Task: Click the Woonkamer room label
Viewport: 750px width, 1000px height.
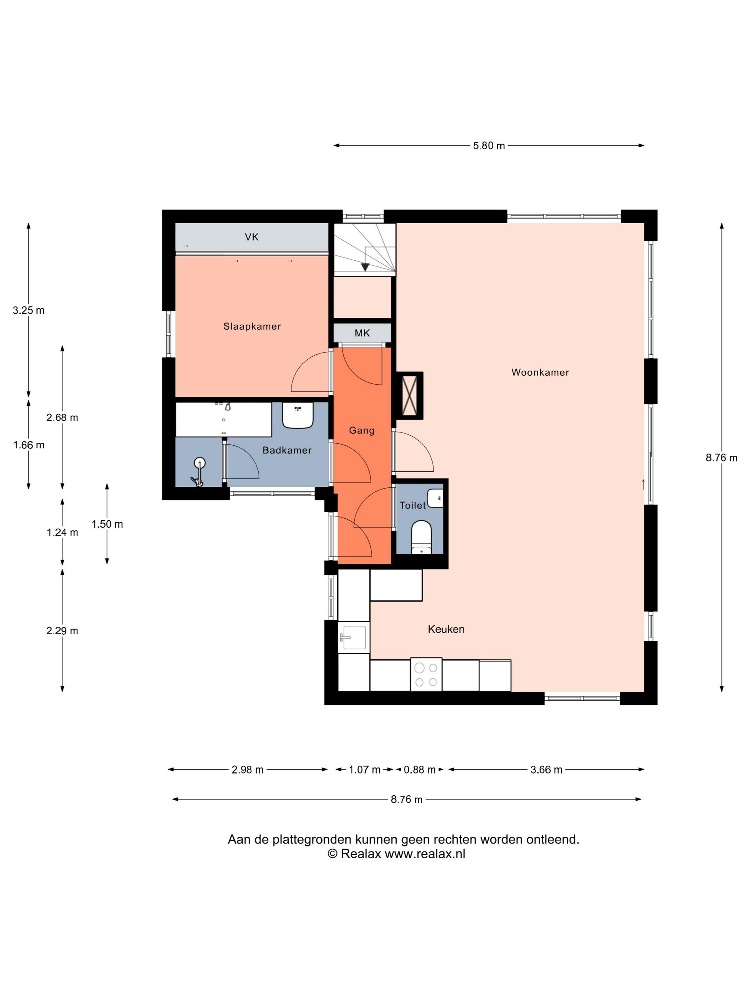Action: pyautogui.click(x=540, y=372)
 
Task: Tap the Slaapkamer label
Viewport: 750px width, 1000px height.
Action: pyautogui.click(x=252, y=326)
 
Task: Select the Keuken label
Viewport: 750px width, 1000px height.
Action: pyautogui.click(x=446, y=629)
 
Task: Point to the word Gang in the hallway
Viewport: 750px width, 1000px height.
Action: pyautogui.click(x=362, y=430)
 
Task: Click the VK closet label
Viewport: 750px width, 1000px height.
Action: pyautogui.click(x=251, y=237)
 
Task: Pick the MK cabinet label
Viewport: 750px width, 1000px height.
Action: pyautogui.click(x=362, y=333)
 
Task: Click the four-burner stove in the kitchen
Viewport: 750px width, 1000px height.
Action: pyautogui.click(x=426, y=674)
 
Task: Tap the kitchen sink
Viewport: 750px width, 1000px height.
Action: pyautogui.click(x=354, y=637)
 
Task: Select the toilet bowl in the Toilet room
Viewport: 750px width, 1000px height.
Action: pyautogui.click(x=421, y=537)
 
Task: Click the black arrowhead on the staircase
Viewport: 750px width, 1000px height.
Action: pyautogui.click(x=365, y=267)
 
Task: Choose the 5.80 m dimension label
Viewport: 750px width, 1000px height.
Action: pyautogui.click(x=489, y=146)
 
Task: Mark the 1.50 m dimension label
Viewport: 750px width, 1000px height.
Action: pyautogui.click(x=107, y=524)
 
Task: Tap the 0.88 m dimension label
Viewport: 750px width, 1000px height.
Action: pyautogui.click(x=420, y=769)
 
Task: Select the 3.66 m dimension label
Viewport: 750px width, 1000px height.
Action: pyautogui.click(x=546, y=769)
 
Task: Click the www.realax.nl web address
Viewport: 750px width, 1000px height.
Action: pyautogui.click(x=425, y=854)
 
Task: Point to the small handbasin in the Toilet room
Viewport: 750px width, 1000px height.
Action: pyautogui.click(x=435, y=498)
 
